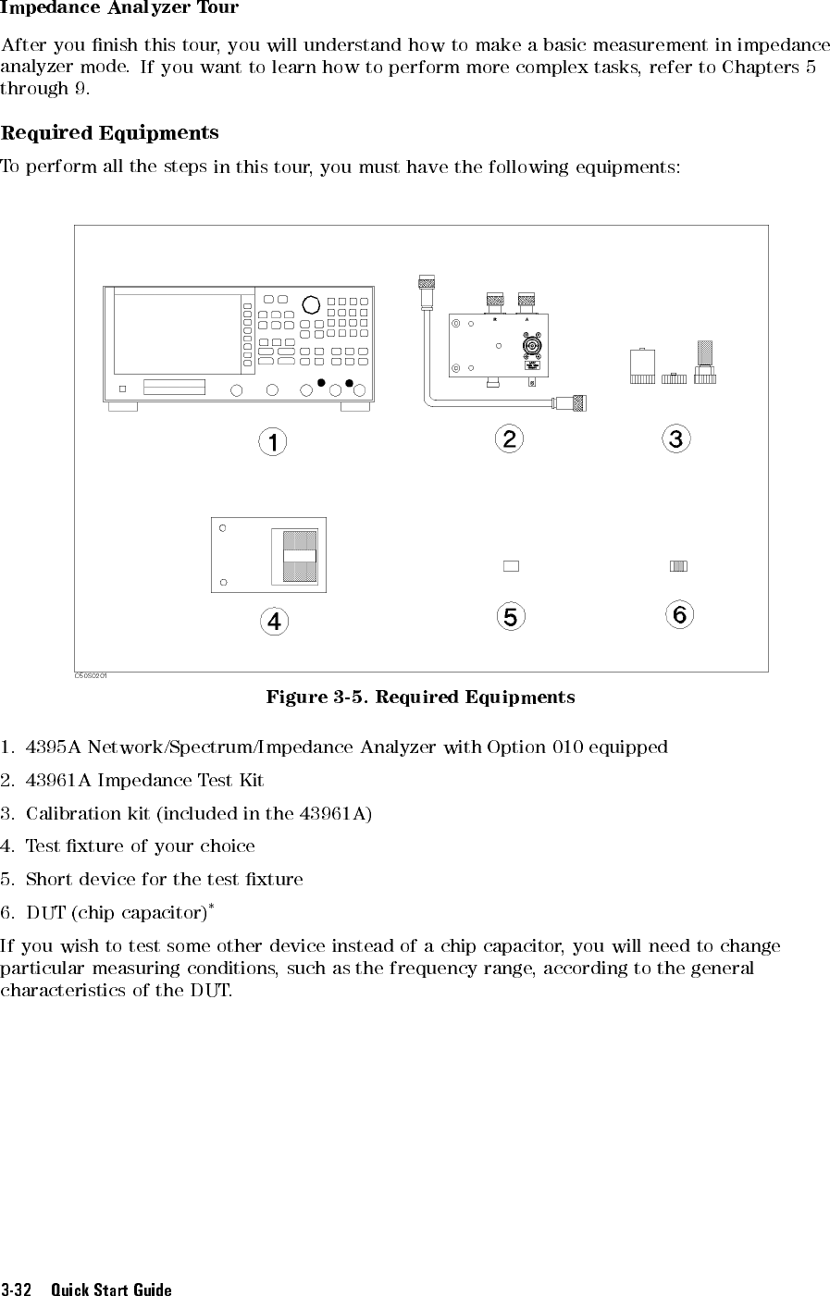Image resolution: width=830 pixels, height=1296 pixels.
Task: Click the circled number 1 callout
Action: [x=273, y=442]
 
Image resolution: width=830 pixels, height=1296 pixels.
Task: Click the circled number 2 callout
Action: [x=509, y=438]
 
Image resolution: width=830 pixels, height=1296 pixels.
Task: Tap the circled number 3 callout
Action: [x=676, y=438]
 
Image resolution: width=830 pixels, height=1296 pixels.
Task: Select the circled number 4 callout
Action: [x=274, y=622]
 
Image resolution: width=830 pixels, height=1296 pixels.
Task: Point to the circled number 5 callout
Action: [x=511, y=616]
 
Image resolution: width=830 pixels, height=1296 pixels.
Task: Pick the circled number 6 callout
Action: [x=679, y=614]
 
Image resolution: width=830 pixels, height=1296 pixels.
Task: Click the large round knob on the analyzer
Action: [x=311, y=304]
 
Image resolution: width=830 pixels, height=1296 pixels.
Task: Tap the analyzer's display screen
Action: [x=177, y=334]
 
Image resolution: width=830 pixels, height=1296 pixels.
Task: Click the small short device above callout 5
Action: [x=511, y=566]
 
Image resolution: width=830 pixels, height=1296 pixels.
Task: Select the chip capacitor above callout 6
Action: [x=678, y=566]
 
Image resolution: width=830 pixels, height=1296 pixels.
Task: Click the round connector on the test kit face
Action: [x=532, y=346]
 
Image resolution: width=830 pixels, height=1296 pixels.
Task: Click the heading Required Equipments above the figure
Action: [x=110, y=133]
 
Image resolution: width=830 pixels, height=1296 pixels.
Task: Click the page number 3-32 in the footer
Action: [x=17, y=1289]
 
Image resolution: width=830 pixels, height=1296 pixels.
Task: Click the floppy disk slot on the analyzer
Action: [x=174, y=387]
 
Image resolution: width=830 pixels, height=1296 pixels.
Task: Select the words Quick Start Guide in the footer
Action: [x=111, y=1289]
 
